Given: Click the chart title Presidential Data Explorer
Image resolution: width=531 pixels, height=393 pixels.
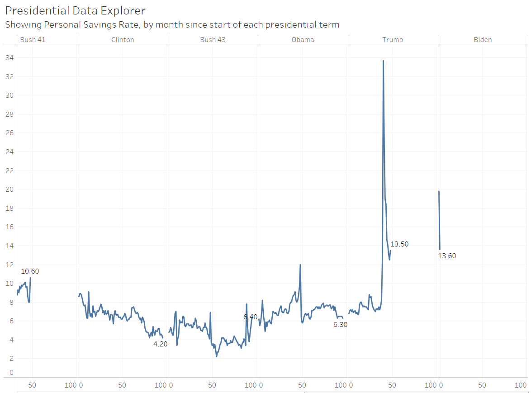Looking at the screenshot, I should tap(75, 10).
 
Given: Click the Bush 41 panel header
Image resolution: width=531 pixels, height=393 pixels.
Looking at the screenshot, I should tap(33, 40).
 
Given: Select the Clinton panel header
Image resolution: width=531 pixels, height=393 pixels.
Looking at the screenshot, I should tap(123, 40).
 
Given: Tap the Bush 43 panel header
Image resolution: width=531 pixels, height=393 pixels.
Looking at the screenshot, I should tap(213, 40).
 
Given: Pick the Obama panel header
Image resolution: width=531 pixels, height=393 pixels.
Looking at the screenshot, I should tap(303, 40).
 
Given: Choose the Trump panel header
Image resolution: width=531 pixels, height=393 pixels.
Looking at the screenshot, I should tap(393, 40).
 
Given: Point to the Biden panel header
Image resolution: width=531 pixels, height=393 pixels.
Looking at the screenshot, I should tap(483, 40).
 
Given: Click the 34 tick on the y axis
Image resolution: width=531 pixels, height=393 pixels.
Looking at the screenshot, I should tap(9, 58).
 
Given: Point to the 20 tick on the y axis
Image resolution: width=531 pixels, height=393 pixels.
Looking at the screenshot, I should tap(9, 189).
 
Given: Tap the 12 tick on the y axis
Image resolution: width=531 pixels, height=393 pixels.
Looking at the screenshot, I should tap(9, 265).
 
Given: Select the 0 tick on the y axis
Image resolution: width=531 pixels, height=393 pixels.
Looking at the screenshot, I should tap(11, 373).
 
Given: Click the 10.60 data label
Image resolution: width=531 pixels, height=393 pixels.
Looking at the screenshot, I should tap(30, 271).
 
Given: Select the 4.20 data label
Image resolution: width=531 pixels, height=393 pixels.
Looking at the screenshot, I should tap(161, 344).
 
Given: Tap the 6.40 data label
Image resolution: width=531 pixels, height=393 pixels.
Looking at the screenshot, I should tap(250, 317).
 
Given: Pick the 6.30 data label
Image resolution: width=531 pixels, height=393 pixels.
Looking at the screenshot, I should tap(340, 324).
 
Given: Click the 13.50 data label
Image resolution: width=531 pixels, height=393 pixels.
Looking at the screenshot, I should tap(399, 244).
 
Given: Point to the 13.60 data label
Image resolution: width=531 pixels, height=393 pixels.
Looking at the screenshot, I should tap(447, 256).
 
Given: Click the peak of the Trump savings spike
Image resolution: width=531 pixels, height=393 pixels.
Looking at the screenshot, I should tap(383, 61).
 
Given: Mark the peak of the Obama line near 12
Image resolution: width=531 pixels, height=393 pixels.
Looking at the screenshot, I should tap(300, 265).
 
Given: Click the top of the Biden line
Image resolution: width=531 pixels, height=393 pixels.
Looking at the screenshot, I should tap(439, 191).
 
